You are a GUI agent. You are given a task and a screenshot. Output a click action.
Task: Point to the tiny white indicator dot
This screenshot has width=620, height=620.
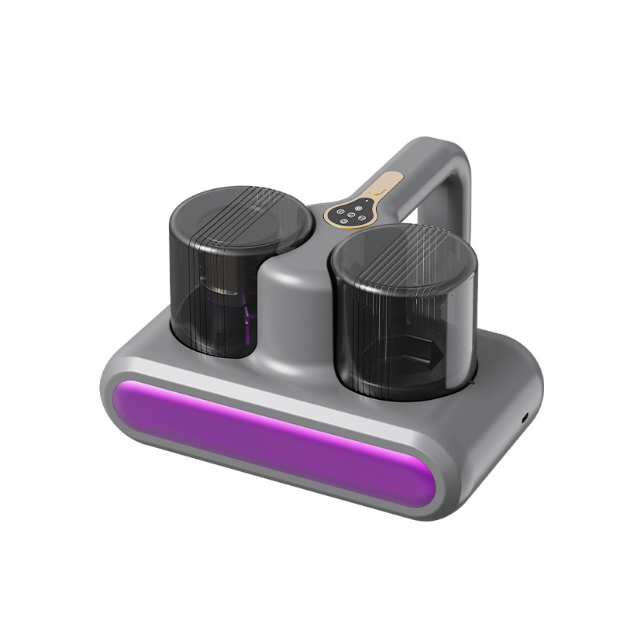coord(334,205)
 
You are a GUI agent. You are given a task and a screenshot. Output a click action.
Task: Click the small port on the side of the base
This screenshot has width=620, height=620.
coord(525,417)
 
